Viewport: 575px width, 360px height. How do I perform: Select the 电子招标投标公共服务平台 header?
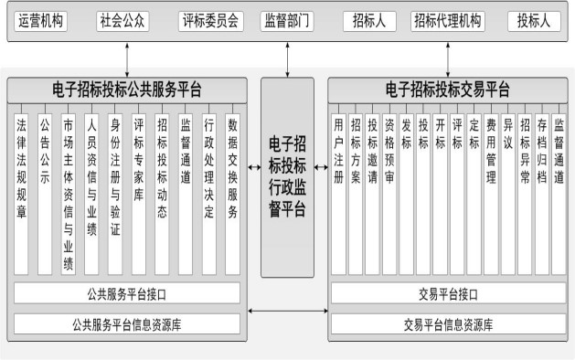(127, 90)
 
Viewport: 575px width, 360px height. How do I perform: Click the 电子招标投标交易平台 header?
(448, 90)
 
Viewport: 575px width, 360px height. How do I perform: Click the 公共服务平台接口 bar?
(127, 293)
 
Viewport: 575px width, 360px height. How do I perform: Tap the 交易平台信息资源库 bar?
(448, 323)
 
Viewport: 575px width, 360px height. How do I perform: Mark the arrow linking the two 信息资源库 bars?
(287, 315)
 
